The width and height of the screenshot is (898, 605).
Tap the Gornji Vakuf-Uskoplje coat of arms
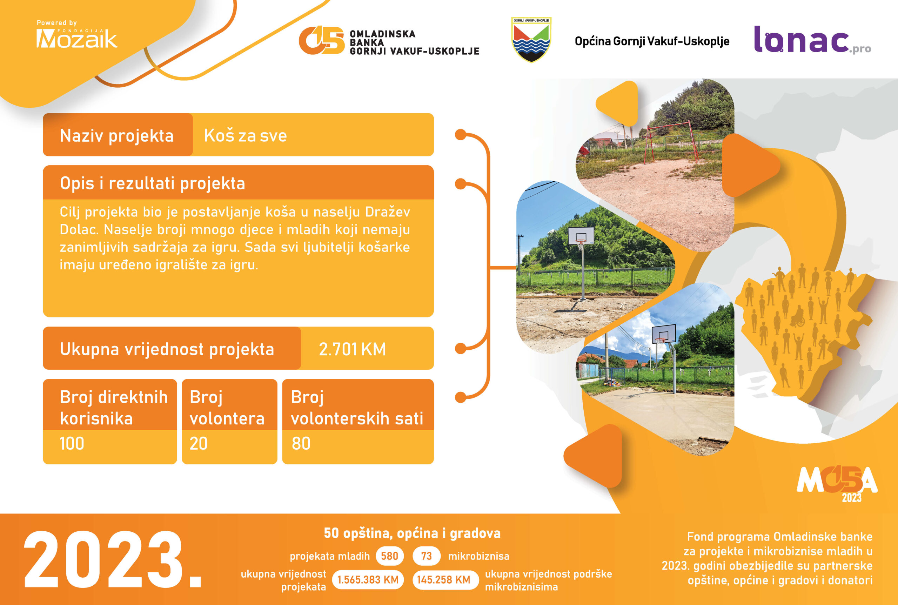click(x=531, y=39)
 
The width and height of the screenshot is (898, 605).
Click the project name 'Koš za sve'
click(x=246, y=135)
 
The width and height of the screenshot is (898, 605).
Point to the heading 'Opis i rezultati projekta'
click(x=153, y=183)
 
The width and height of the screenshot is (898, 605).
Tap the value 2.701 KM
click(x=352, y=349)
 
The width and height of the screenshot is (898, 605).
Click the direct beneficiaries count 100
click(x=72, y=443)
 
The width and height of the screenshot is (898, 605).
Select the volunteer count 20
click(x=198, y=443)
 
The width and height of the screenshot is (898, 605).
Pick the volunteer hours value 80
click(x=301, y=443)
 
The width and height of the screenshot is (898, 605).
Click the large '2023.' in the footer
click(x=113, y=559)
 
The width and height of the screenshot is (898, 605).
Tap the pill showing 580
click(x=389, y=556)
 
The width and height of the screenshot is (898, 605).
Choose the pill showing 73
click(x=427, y=556)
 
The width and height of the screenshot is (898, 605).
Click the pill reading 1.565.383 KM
click(x=368, y=580)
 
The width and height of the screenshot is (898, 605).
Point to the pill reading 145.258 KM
click(x=444, y=580)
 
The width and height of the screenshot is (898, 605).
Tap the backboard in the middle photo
click(x=581, y=235)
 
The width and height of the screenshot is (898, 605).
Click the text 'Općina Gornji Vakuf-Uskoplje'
click(x=652, y=41)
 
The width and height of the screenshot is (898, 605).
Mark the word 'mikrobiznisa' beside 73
click(x=478, y=556)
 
